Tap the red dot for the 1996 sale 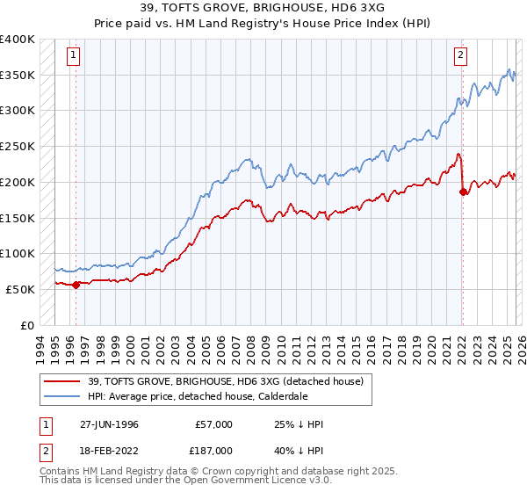(x=76, y=284)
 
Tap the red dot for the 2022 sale (x=462, y=191)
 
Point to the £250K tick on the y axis (x=18, y=147)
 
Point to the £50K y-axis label (x=19, y=289)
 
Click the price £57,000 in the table (x=214, y=424)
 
